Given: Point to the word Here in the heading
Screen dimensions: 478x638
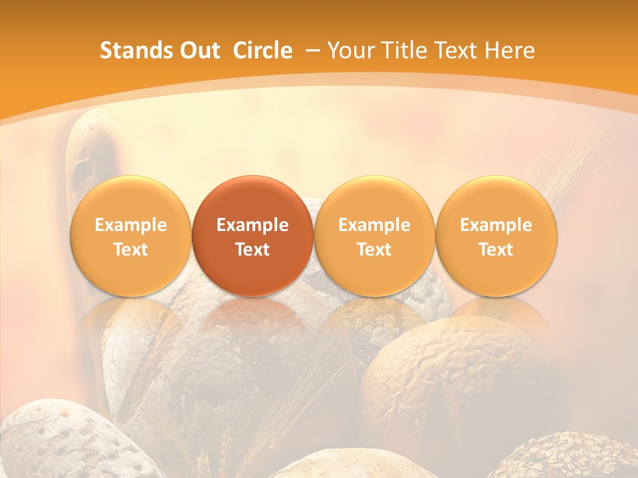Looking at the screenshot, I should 510,50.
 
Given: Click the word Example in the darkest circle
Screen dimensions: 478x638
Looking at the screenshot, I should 253,225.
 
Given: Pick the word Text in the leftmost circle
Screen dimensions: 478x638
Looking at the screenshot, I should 130,250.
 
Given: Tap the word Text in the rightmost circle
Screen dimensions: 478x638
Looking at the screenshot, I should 496,250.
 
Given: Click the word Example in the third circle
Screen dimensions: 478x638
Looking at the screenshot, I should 374,225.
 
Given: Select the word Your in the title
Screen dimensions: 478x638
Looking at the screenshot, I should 349,50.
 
